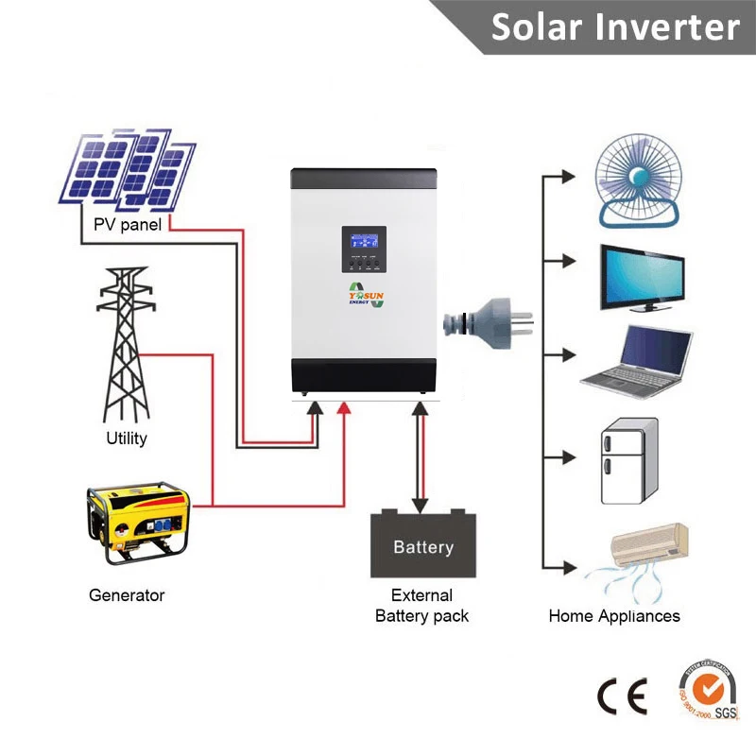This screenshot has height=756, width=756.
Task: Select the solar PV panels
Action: click(129, 170)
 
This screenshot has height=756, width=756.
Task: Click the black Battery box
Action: click(422, 543)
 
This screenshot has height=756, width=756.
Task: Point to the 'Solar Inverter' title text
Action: click(614, 27)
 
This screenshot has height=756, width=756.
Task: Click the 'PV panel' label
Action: click(128, 225)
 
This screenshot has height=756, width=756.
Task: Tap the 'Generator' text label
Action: click(127, 595)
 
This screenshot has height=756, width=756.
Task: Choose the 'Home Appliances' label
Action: click(614, 616)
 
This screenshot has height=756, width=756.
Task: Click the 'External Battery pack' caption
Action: click(421, 606)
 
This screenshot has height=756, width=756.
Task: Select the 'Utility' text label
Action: click(126, 438)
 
